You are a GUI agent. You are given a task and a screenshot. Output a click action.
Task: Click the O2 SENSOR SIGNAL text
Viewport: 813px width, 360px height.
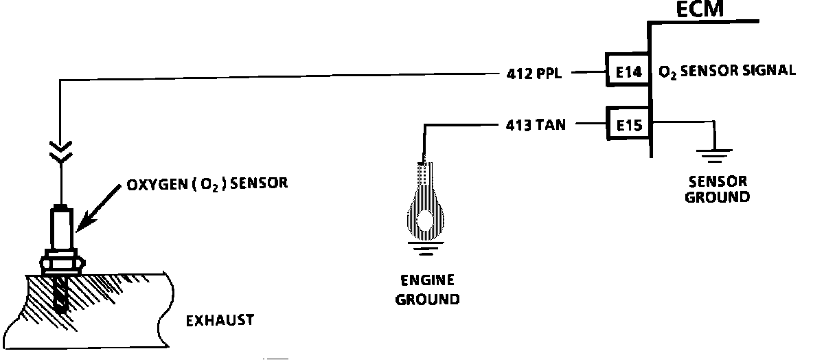[726, 71]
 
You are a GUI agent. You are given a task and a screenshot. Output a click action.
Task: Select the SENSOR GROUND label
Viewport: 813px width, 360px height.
[718, 190]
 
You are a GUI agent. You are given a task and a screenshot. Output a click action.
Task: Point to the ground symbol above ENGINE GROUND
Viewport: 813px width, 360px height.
[426, 248]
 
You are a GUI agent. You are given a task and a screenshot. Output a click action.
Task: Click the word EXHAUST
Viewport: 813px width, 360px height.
[221, 320]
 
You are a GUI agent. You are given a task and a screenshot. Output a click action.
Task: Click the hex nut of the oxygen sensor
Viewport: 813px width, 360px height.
[62, 263]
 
